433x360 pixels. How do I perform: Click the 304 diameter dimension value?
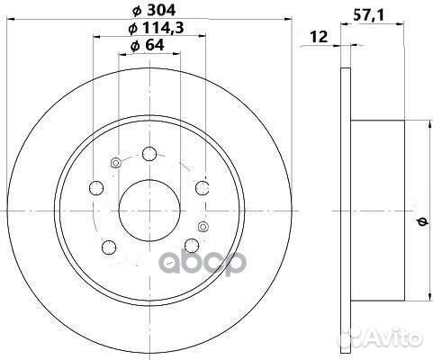pos(161,11)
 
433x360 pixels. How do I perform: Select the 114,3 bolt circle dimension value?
pos(163,28)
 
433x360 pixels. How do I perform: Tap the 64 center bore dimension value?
pos(155,45)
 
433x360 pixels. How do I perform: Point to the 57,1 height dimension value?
pos(368,15)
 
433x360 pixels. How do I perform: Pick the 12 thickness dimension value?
pos(319,37)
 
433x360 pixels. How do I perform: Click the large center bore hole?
pos(149,211)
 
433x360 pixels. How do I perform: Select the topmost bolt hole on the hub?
pos(149,154)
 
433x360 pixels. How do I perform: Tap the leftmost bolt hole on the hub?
pos(96,188)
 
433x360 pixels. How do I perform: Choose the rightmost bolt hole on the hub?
pos(203,188)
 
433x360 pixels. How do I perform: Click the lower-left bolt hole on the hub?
pos(109,247)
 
